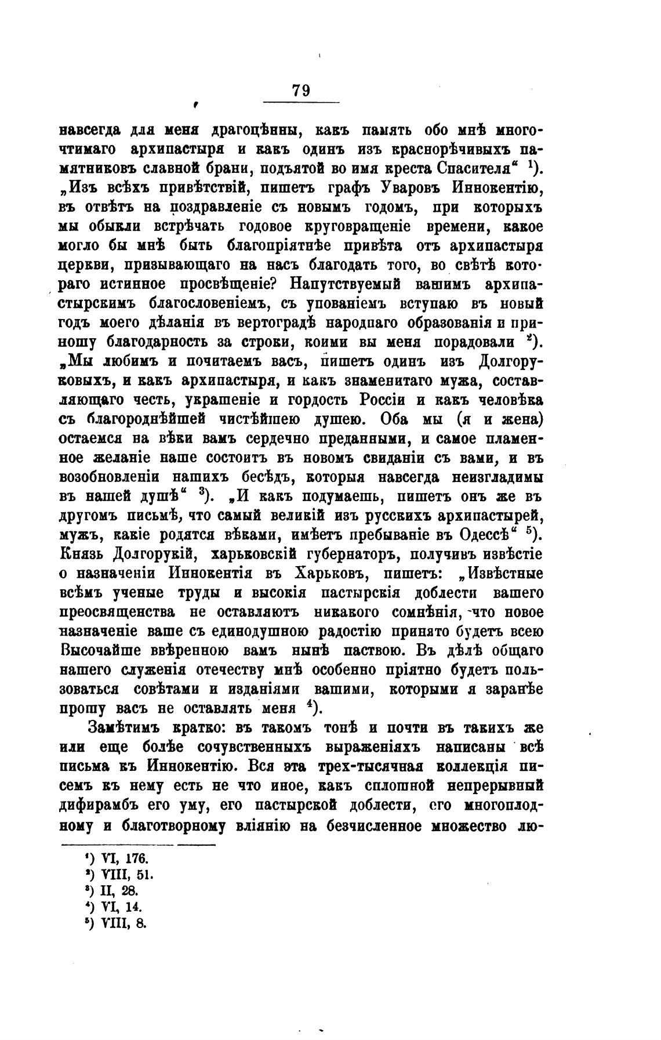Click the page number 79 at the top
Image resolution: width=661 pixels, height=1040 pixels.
coord(301,90)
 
